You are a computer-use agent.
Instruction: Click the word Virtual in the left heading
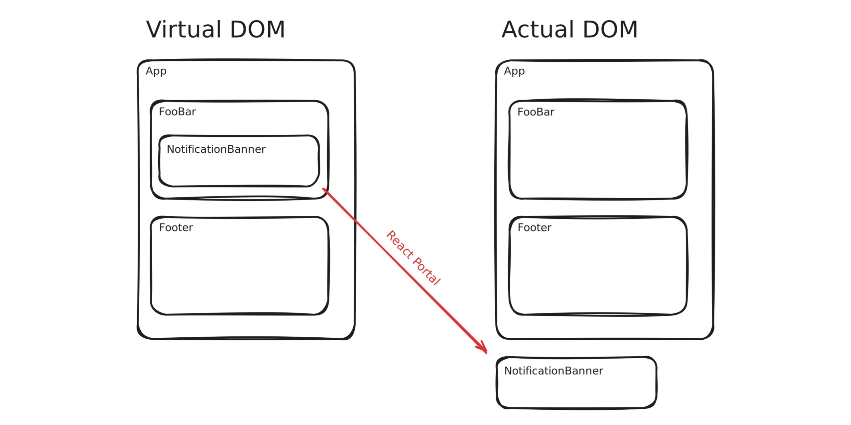[x=184, y=30]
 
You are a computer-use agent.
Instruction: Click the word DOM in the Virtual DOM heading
[x=257, y=30]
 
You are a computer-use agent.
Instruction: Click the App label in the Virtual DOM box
[x=156, y=71]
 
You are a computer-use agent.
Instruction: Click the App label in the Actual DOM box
[x=514, y=71]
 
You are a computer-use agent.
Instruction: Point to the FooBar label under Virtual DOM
[x=177, y=112]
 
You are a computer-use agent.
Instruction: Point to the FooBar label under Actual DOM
[x=536, y=112]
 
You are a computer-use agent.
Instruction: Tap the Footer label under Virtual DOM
[x=176, y=228]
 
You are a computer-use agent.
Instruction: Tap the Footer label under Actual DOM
[x=535, y=228]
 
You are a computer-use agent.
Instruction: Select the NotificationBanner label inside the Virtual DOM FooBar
[x=216, y=149]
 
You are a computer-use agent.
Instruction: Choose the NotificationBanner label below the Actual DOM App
[x=553, y=371]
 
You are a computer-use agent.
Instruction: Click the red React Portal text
[x=413, y=258]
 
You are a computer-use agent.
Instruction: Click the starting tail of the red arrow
[x=323, y=189]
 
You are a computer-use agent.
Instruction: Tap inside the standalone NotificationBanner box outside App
[x=577, y=392]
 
